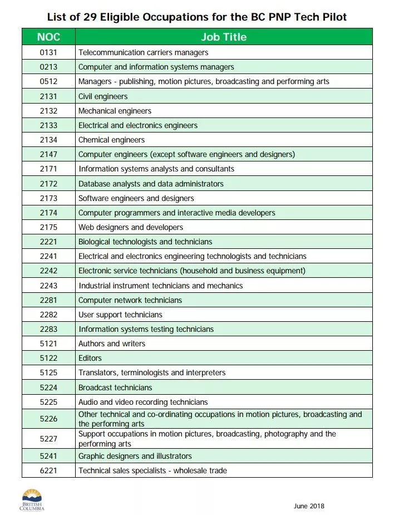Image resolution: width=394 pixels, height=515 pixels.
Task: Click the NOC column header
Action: [48, 37]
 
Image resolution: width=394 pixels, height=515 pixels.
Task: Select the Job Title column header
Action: [224, 37]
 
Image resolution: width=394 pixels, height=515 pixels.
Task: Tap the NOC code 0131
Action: [48, 52]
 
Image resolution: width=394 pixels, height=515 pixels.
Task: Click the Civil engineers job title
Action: [103, 96]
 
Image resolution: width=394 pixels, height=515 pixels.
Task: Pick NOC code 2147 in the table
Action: [48, 154]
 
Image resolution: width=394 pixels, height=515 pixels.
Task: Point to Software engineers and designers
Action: [136, 198]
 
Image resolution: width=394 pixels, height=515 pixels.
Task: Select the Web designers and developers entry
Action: [131, 227]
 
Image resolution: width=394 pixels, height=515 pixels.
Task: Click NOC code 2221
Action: [48, 242]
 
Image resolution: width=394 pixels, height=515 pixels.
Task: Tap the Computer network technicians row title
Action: [130, 300]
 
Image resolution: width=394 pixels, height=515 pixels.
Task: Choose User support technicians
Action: [120, 315]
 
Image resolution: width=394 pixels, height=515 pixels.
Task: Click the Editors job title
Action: [90, 358]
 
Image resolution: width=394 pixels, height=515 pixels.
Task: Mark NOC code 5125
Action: [48, 372]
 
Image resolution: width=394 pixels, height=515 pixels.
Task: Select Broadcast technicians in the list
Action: [115, 388]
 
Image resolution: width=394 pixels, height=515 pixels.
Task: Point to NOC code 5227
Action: [48, 439]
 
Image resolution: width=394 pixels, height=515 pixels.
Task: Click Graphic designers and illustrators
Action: [135, 456]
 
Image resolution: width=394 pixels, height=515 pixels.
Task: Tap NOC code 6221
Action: [48, 470]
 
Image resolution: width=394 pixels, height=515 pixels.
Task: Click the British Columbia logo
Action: [32, 499]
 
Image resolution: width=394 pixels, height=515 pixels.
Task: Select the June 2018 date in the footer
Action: [309, 506]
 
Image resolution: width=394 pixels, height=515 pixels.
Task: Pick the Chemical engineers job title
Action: [111, 140]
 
